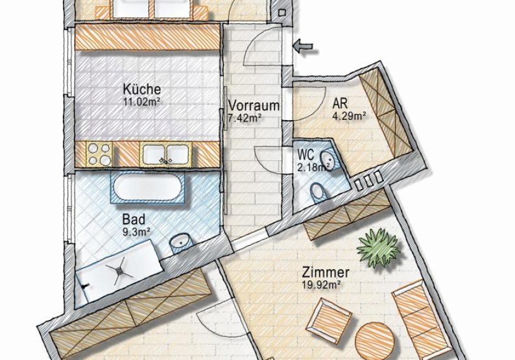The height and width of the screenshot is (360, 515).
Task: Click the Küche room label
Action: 142,89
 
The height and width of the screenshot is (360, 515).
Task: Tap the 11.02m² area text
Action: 141,101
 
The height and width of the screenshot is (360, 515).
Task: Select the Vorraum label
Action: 254,106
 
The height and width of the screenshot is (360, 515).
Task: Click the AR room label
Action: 340,104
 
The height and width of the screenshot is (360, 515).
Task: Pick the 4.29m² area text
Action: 349,116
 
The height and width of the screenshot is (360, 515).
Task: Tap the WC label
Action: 305,154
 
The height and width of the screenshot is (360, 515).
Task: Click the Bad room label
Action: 134,219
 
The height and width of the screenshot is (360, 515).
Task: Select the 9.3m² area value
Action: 136,232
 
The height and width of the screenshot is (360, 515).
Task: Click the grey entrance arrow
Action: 303,46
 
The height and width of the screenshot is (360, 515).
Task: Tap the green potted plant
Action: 378,247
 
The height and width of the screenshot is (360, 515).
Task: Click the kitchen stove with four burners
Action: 99,154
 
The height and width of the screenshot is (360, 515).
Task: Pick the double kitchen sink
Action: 165,154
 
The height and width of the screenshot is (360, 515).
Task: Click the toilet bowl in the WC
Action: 317,192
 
